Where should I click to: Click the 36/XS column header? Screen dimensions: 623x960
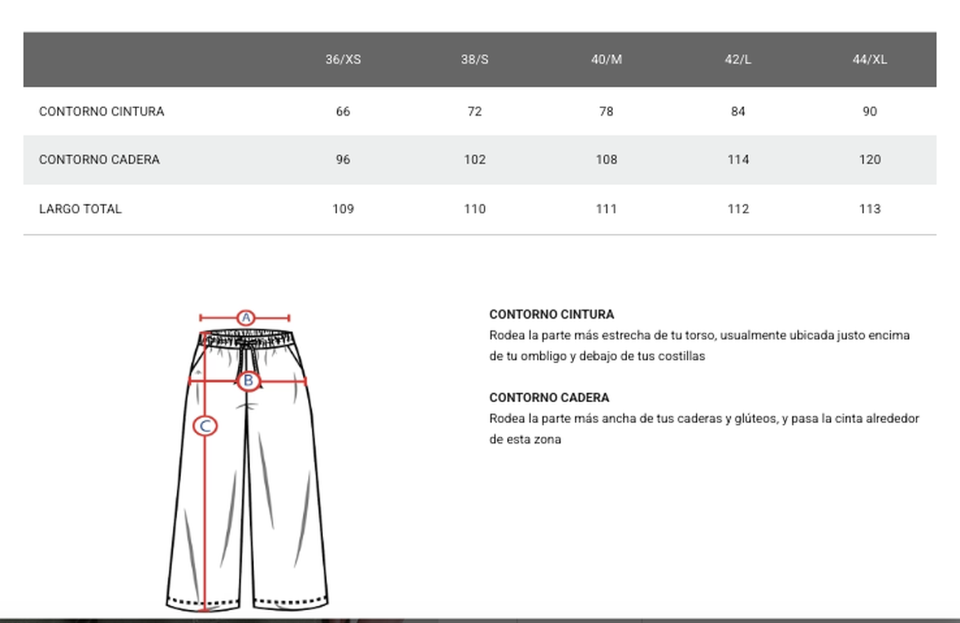point(343,60)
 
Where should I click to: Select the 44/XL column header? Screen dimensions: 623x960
point(869,60)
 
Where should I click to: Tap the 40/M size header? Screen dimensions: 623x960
point(606,60)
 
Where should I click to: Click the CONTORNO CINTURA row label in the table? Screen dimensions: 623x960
point(101,111)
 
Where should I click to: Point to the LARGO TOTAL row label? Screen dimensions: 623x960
point(80,209)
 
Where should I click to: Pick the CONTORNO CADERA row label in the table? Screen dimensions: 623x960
point(99,159)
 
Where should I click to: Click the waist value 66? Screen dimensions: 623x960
point(343,111)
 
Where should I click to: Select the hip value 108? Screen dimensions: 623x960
point(606,159)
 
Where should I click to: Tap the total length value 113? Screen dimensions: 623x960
point(869,209)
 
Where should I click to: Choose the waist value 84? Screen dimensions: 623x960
point(738,111)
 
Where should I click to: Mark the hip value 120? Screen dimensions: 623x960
point(869,159)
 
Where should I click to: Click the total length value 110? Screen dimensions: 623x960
point(474,209)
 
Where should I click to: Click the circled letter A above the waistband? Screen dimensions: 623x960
point(246,318)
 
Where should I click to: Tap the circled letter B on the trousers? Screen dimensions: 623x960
point(248,381)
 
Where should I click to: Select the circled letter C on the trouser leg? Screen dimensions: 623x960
point(205,426)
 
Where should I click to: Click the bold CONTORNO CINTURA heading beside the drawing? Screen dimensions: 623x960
point(551,314)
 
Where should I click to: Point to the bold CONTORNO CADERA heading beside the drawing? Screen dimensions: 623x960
point(549,398)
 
